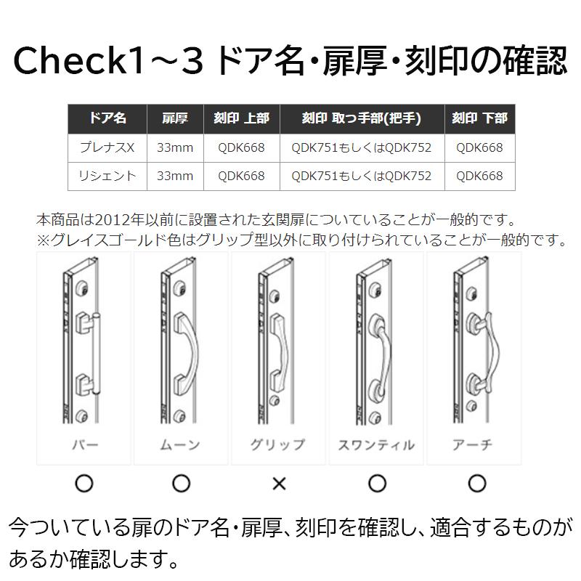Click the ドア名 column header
pos(107,118)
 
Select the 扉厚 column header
pos(174,118)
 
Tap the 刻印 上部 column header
pos(241,118)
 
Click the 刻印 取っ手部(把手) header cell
pos(361,118)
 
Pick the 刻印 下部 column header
pos(479,118)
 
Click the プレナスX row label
pos(107,147)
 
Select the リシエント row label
pos(107,176)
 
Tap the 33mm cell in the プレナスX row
pos(174,147)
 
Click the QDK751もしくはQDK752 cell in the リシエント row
pos(361,176)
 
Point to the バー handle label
pos(84,444)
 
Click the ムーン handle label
pos(181,444)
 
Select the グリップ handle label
pos(278,444)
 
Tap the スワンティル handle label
pos(376,444)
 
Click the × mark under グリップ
pos(279,483)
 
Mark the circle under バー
pos(84,483)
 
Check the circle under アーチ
pos(476,483)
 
